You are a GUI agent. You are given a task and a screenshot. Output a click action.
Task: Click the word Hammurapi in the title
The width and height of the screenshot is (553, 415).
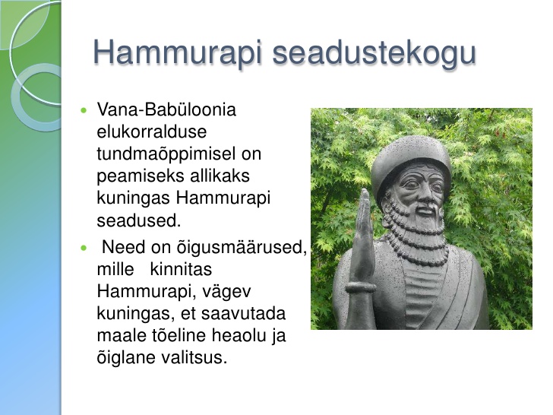(178, 52)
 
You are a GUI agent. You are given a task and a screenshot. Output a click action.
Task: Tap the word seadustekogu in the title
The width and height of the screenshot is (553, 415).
(374, 53)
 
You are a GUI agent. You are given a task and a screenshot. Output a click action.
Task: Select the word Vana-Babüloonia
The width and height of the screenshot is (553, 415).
(166, 109)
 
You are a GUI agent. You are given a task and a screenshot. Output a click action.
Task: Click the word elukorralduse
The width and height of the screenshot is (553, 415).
(152, 131)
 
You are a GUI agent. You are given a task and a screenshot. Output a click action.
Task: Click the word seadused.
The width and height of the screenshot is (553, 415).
(138, 220)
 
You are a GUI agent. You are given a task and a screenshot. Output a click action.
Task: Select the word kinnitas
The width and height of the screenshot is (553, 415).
(181, 269)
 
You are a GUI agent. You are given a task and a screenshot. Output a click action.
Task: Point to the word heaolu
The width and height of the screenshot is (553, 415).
(239, 335)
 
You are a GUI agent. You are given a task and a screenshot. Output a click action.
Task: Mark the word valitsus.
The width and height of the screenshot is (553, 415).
(194, 357)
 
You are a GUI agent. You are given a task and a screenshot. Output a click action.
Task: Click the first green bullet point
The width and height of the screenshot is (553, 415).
(84, 110)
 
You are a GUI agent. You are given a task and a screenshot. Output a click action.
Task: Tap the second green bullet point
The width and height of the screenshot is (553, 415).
(84, 248)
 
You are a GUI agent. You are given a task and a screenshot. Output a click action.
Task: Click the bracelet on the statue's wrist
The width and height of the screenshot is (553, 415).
(361, 287)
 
